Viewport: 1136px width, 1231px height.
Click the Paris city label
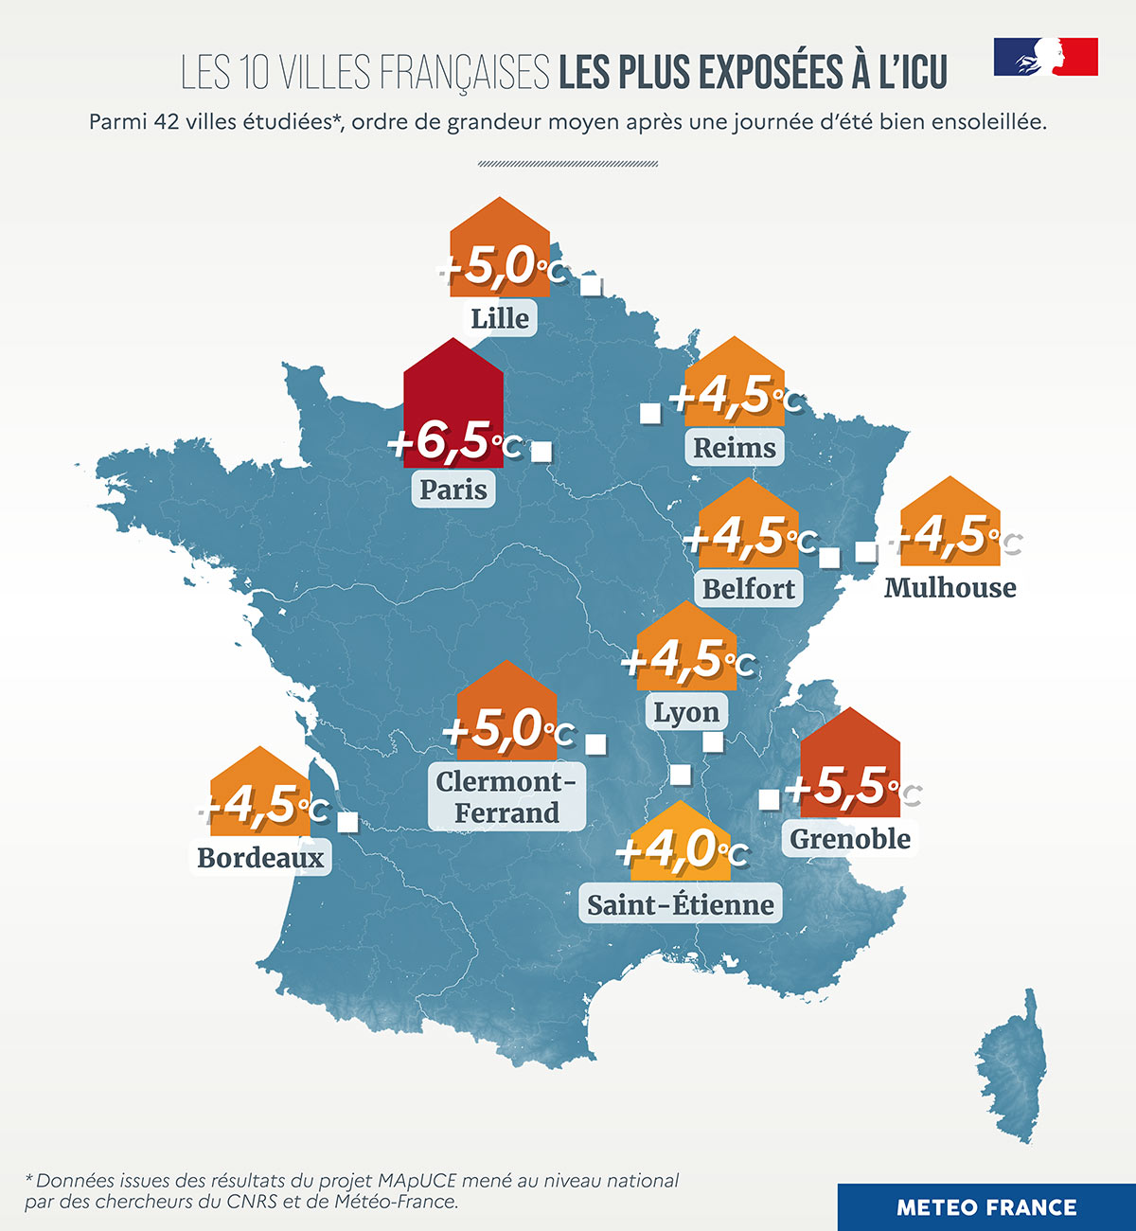click(x=453, y=490)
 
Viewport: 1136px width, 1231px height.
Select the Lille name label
click(x=500, y=318)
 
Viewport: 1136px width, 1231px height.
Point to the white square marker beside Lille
click(x=592, y=285)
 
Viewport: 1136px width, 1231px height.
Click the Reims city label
click(x=735, y=447)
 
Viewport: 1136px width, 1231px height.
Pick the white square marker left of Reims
click(x=650, y=413)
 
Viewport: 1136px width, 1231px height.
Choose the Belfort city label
click(x=749, y=588)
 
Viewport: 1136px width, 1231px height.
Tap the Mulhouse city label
click(x=950, y=587)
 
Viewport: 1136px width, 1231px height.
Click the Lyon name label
click(x=686, y=711)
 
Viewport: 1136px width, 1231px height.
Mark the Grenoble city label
click(x=850, y=838)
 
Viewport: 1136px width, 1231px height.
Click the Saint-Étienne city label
click(x=681, y=904)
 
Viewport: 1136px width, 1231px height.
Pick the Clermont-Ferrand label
click(x=506, y=796)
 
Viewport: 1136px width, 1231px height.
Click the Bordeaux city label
click(x=260, y=857)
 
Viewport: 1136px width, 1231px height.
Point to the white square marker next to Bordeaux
click(x=347, y=822)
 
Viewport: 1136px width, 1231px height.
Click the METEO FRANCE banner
click(x=986, y=1207)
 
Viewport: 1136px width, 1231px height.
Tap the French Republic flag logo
click(x=1045, y=57)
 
